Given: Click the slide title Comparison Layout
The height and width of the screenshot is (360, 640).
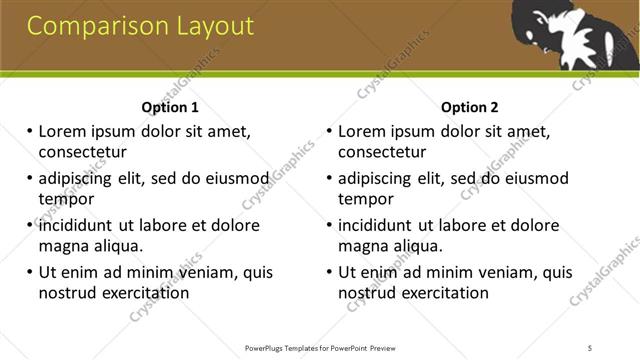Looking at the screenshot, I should [140, 26].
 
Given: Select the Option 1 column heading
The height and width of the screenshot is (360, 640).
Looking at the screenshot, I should [170, 108].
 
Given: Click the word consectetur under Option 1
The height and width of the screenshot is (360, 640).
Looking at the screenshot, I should [82, 152].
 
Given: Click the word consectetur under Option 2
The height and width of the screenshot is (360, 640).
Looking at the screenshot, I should [382, 152].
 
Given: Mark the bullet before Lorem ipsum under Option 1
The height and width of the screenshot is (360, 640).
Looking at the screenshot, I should [30, 132].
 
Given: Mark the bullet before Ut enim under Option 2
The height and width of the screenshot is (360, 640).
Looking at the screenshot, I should [330, 272].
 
